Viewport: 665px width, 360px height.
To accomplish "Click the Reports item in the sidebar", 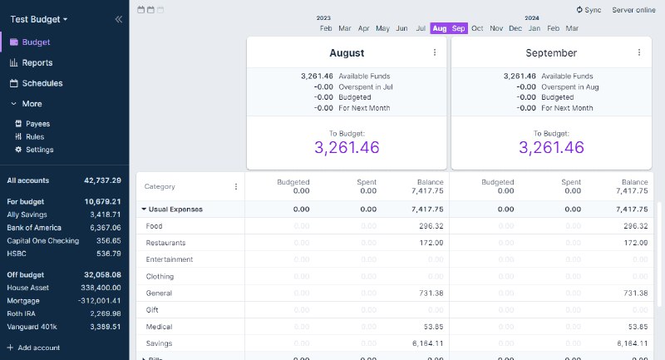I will click(x=37, y=62).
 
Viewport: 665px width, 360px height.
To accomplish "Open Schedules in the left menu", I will click(x=42, y=83).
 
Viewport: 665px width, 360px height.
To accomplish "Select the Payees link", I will click(x=37, y=123).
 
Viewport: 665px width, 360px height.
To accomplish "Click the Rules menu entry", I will click(x=34, y=136).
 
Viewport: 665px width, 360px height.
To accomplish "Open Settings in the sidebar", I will click(x=39, y=150).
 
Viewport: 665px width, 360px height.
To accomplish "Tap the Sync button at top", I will click(x=588, y=10).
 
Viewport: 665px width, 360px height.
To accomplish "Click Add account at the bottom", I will click(x=38, y=348).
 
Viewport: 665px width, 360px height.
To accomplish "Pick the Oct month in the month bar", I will click(x=477, y=28).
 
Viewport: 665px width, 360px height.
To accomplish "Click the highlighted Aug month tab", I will click(x=439, y=28).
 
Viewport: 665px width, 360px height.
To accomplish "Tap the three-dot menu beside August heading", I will click(x=434, y=52).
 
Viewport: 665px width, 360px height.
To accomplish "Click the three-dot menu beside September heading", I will click(x=638, y=52).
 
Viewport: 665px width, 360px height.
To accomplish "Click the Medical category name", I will click(x=159, y=327).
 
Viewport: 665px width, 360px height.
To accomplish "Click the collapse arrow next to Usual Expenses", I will click(x=144, y=210).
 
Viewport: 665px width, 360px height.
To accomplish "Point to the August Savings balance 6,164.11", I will click(x=427, y=343).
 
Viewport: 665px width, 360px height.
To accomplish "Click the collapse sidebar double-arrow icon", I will click(x=118, y=18).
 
